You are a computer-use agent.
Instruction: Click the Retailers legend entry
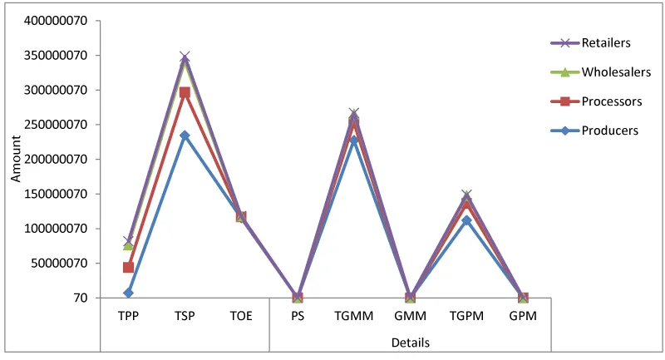(x=606, y=42)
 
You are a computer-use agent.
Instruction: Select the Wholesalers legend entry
(x=612, y=72)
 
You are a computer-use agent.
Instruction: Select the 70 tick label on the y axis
(x=81, y=298)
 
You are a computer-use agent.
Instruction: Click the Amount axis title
(x=15, y=160)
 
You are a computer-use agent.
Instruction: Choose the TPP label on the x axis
(x=128, y=317)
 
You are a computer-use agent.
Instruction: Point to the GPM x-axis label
(x=523, y=317)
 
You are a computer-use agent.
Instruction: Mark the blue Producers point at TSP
(x=185, y=136)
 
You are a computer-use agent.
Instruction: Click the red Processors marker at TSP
(x=185, y=93)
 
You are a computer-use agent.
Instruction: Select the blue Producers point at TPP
(x=128, y=293)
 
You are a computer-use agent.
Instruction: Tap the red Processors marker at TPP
(x=128, y=267)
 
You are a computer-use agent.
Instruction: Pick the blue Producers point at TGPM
(x=466, y=220)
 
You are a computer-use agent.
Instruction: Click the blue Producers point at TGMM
(x=354, y=141)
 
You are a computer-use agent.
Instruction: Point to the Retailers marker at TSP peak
(x=185, y=57)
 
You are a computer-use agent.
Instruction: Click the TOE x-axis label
(x=241, y=317)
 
